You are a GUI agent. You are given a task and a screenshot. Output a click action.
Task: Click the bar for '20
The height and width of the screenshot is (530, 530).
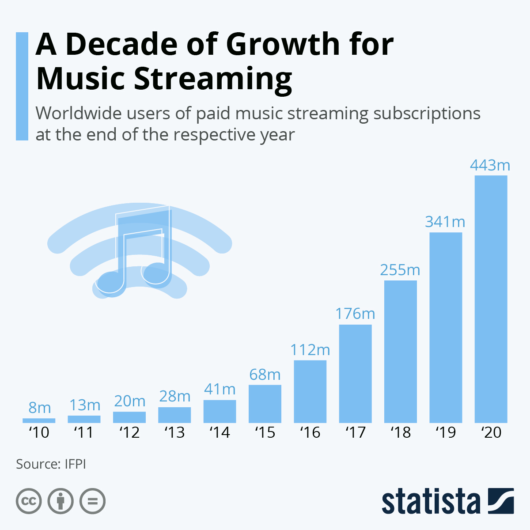click(x=491, y=299)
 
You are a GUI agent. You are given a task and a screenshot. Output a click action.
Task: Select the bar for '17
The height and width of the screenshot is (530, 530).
click(x=355, y=374)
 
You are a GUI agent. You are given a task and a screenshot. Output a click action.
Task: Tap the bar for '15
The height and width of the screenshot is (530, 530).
click(x=265, y=404)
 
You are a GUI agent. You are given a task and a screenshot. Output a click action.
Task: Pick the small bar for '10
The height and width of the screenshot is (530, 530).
click(x=39, y=420)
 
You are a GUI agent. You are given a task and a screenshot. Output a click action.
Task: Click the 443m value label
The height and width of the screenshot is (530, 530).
click(x=490, y=165)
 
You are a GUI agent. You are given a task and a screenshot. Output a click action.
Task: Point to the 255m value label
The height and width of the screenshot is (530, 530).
click(x=400, y=270)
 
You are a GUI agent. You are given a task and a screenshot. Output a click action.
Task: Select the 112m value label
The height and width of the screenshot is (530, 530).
click(x=310, y=350)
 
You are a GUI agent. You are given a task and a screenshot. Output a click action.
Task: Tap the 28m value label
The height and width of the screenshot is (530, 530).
click(x=174, y=397)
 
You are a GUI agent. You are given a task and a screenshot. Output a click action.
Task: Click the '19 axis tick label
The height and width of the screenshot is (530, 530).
click(x=446, y=432)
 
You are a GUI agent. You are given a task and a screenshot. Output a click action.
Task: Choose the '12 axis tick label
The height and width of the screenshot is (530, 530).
click(x=129, y=432)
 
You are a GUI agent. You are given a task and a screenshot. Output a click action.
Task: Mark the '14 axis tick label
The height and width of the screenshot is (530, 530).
click(x=220, y=432)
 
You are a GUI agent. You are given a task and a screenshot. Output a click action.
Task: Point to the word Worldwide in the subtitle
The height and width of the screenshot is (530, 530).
click(x=79, y=114)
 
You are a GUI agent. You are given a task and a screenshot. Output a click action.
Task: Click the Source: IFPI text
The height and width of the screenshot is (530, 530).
click(x=51, y=464)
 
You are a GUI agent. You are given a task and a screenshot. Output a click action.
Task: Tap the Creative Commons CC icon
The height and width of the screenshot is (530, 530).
click(x=29, y=501)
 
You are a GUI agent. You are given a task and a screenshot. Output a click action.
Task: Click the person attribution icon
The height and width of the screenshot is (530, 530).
click(x=61, y=501)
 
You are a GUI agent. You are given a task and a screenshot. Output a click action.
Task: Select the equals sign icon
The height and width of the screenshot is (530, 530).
click(x=92, y=501)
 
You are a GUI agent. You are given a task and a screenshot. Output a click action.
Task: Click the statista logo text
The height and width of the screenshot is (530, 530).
click(x=431, y=501)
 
